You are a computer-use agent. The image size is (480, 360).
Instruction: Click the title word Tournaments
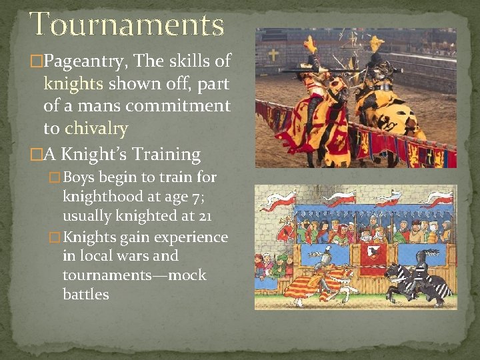tap(127, 25)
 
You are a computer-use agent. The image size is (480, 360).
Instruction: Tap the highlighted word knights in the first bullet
tap(72, 84)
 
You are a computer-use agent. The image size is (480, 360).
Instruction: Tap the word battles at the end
tap(85, 295)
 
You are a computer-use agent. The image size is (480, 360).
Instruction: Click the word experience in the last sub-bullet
tap(193, 237)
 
